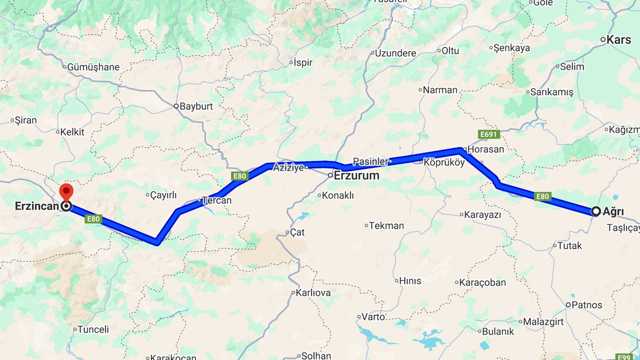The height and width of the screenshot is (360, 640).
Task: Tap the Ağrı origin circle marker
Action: [596, 211]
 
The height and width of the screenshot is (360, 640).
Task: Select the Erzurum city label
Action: [357, 175]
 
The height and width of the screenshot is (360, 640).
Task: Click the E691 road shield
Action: [489, 134]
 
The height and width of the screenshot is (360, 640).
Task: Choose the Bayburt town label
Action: [196, 106]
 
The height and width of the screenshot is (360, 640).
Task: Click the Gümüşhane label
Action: [93, 67]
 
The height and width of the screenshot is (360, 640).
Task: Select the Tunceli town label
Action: [93, 329]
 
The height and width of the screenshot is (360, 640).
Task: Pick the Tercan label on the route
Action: [218, 201]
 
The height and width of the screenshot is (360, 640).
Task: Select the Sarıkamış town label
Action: [551, 92]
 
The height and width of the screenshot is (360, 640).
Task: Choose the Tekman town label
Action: [387, 226]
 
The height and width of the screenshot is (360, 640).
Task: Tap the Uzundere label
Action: [395, 53]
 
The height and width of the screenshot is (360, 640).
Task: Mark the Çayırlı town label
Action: [163, 195]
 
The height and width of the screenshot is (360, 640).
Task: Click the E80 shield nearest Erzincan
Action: [93, 219]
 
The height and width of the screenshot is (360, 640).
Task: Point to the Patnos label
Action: [587, 305]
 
